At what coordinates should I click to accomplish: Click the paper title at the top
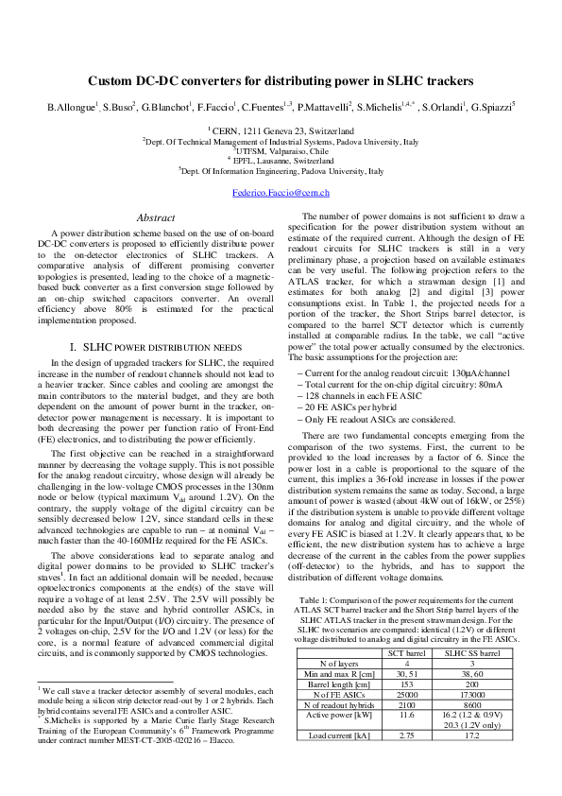(281, 82)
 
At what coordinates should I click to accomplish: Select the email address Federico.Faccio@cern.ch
(281, 193)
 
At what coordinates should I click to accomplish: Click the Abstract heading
(155, 216)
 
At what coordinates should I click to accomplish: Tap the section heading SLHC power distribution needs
(155, 347)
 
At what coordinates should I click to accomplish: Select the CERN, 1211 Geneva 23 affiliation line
(281, 130)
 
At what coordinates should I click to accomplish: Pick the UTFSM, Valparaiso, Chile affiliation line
(281, 150)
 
